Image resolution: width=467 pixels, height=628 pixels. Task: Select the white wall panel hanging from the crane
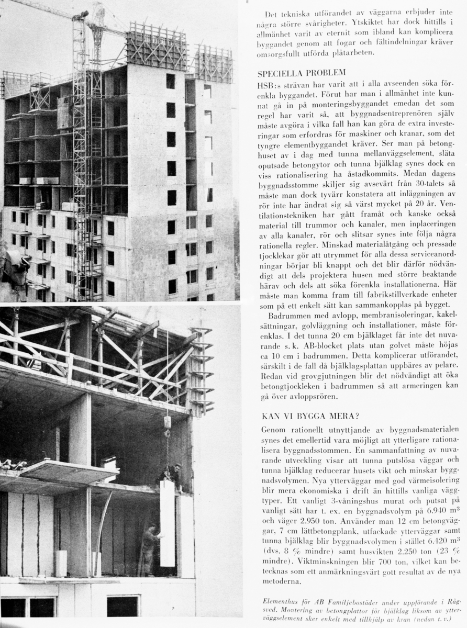coord(168,523)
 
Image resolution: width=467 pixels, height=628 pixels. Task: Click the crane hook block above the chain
coord(168,422)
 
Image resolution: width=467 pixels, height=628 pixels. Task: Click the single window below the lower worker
coord(123,606)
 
